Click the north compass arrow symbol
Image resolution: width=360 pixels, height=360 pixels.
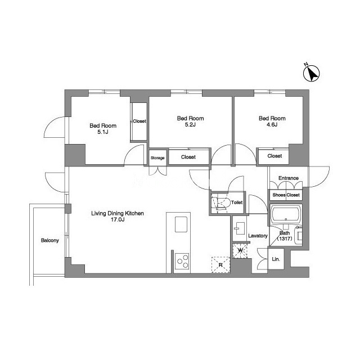(311, 74)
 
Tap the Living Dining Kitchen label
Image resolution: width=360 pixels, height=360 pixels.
(118, 214)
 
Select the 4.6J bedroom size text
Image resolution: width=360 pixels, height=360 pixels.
(272, 125)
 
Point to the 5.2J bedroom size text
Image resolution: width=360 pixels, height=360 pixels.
(190, 125)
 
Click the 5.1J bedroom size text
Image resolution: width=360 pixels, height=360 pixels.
(103, 132)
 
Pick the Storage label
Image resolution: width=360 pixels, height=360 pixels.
(157, 158)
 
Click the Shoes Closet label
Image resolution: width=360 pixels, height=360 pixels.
(286, 195)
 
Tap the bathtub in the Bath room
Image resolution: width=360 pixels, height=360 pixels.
(286, 215)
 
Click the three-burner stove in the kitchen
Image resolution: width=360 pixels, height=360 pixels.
(182, 261)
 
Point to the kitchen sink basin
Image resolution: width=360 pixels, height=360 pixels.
(181, 224)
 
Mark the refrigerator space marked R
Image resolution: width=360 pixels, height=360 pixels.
(220, 265)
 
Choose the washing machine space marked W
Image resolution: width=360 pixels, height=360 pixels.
(240, 251)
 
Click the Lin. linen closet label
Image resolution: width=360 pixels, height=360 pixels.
(276, 259)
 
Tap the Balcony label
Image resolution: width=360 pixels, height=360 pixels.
(50, 240)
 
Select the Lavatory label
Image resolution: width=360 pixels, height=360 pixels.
(258, 236)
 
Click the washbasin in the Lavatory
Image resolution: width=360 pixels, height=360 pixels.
(240, 228)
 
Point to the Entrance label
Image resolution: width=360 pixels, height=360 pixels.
(289, 178)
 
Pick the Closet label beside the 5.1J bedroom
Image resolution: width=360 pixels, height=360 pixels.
(139, 121)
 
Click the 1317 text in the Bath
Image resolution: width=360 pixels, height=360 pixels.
(285, 238)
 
